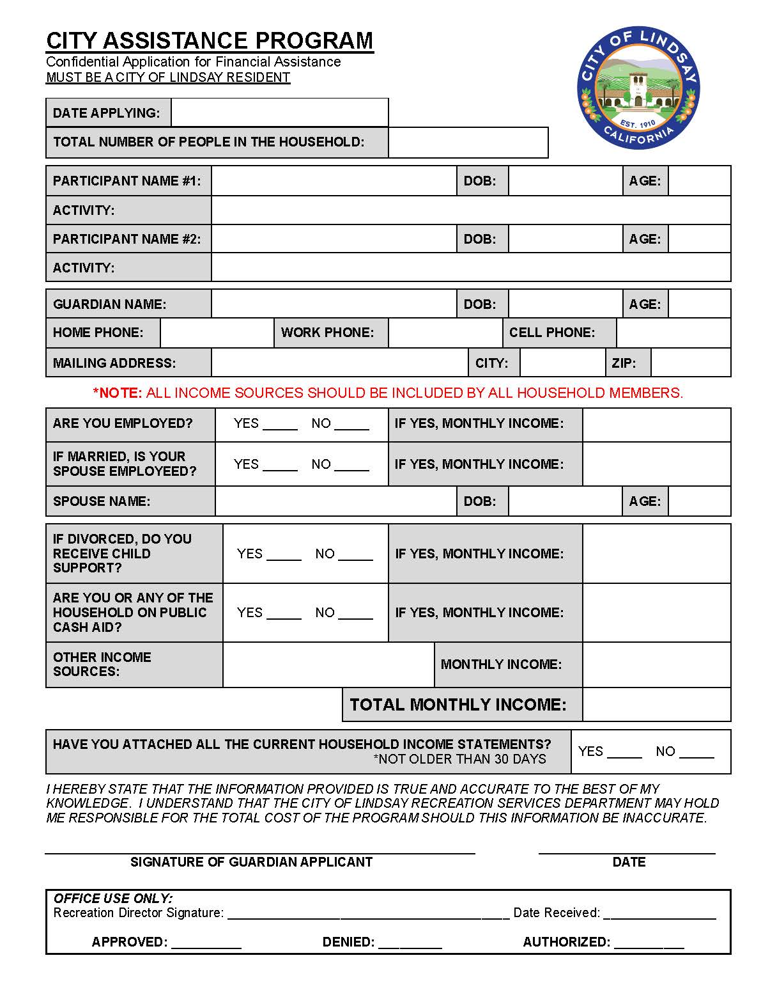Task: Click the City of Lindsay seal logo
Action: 638,89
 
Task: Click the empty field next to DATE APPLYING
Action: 279,113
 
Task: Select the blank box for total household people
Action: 468,142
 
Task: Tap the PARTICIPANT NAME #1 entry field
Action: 334,181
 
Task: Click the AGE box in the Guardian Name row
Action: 699,304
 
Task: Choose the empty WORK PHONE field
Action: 445,333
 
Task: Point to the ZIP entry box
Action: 690,363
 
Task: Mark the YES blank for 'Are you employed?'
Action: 280,425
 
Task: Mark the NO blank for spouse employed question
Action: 351,466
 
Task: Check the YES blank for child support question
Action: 284,556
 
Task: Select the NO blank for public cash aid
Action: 355,615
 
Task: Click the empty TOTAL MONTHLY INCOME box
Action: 656,705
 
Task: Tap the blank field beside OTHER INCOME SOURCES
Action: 328,664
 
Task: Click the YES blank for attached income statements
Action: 624,753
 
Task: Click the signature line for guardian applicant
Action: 259,849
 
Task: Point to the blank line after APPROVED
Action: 206,943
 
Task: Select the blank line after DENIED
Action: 410,943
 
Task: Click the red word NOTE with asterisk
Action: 118,393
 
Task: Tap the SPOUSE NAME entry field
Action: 335,501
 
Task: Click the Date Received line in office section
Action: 659,915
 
